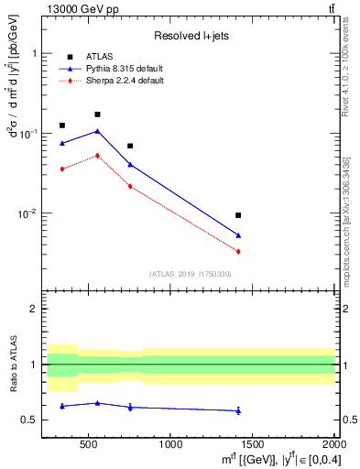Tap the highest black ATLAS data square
(97, 115)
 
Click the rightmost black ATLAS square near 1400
(238, 215)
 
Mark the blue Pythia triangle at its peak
(97, 131)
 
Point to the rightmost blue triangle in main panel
(238, 235)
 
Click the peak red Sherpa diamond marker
(97, 156)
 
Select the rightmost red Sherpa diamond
(238, 251)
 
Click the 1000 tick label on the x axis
(170, 444)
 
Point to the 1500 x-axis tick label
(253, 444)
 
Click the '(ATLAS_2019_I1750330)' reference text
(190, 274)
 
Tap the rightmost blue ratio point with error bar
(238, 410)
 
